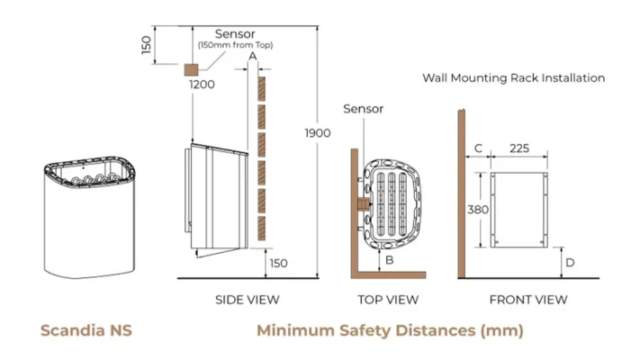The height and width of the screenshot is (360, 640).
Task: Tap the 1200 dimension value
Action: [202, 85]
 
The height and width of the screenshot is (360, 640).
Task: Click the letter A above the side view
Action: [253, 56]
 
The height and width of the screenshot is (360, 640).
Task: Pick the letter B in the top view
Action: [390, 260]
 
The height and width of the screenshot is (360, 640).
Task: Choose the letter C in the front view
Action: [478, 148]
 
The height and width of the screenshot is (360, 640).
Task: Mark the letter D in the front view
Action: [570, 263]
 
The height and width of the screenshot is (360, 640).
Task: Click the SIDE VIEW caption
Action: [248, 299]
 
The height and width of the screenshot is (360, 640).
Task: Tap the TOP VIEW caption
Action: [389, 299]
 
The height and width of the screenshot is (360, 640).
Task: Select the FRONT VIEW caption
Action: [527, 299]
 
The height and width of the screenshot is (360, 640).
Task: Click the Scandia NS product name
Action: [86, 331]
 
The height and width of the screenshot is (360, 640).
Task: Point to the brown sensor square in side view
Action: [191, 68]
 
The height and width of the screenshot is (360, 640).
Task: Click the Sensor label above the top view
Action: [364, 109]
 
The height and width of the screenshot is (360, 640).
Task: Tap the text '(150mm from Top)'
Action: [235, 46]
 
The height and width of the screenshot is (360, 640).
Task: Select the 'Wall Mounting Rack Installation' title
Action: [513, 78]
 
